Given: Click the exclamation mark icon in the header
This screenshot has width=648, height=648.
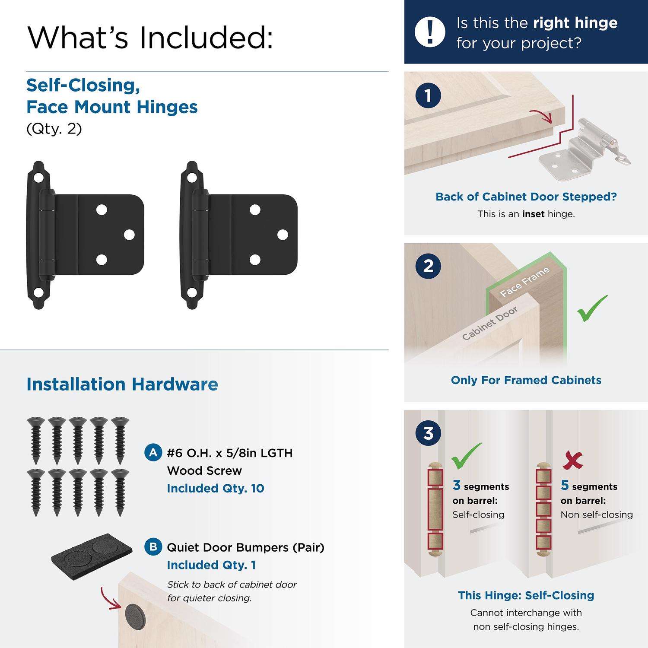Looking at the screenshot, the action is tap(430, 32).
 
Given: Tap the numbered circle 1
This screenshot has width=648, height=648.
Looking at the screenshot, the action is tap(428, 95).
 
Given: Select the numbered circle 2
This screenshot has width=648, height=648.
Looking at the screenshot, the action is tap(428, 266).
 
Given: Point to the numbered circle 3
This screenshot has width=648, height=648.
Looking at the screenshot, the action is tap(428, 433).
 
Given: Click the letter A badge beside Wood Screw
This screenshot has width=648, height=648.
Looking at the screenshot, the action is tap(153, 453).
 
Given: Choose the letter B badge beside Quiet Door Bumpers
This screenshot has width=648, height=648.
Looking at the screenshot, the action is tap(153, 547).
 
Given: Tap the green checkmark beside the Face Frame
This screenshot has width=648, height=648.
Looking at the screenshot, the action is tap(592, 308).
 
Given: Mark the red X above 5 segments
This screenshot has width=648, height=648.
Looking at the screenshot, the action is tap(572, 461).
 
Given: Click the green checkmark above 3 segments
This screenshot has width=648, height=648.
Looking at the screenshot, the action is tap(466, 456).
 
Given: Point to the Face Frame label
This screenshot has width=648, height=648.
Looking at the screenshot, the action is tap(525, 282).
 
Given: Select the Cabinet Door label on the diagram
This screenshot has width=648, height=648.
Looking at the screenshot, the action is tap(490, 324).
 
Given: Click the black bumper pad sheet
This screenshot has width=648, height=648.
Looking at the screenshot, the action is tap(92, 556).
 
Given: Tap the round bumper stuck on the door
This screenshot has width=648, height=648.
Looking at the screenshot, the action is tap(135, 616).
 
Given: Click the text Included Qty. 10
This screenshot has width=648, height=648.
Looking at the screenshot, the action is tap(216, 488).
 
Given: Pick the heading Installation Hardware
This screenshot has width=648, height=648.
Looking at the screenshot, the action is tap(122, 384).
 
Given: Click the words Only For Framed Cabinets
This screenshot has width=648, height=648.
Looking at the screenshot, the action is tap(526, 380).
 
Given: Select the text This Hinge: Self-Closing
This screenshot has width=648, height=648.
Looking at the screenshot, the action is tap(526, 595).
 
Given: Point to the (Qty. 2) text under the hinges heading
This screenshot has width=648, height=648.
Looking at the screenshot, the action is tap(54, 129).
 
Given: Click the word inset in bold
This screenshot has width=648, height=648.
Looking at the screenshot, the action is tap(533, 214).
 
